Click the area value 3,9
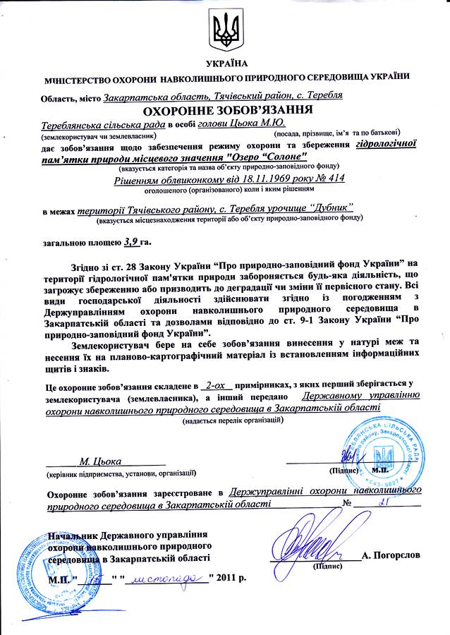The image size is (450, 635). click(x=130, y=241)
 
